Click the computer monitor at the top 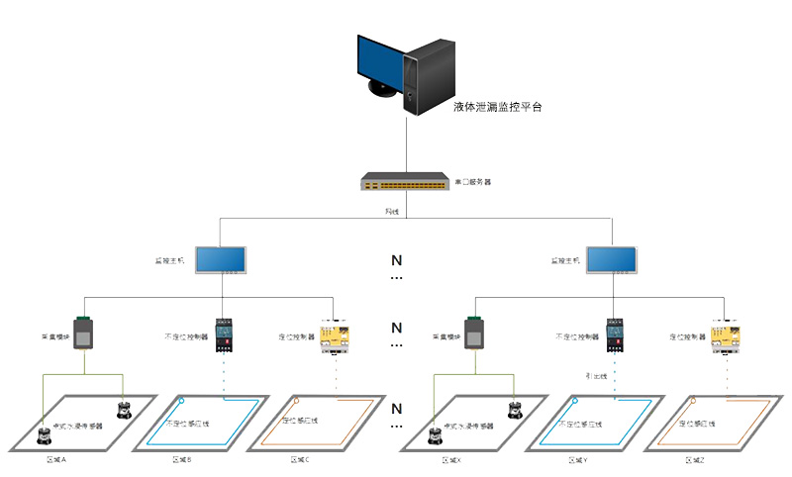(x=381, y=65)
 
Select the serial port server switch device (x=405, y=182)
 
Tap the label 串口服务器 (x=473, y=182)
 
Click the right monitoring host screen (x=613, y=260)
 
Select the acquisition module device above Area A (x=84, y=334)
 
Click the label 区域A (x=56, y=460)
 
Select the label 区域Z (x=693, y=460)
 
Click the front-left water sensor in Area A (x=45, y=433)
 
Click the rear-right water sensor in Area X (x=514, y=408)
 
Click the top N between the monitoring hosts (x=396, y=261)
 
